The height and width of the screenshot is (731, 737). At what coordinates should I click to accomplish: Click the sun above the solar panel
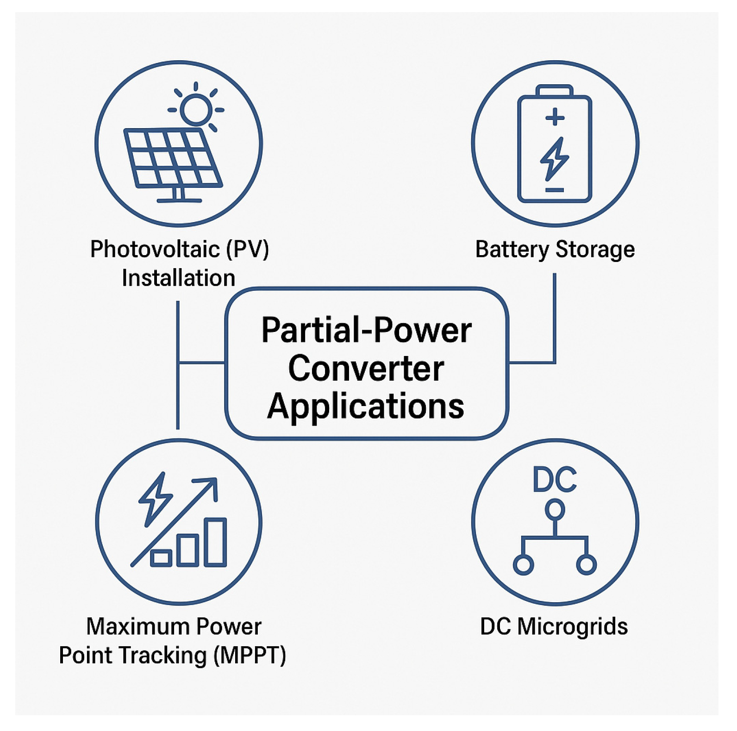[x=196, y=110]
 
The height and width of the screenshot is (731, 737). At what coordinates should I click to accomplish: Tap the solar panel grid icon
[x=173, y=158]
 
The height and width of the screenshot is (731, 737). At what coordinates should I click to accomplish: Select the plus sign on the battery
[x=555, y=117]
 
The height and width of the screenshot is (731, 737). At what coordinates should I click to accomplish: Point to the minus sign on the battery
[x=554, y=190]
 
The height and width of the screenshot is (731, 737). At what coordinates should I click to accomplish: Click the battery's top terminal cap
[x=554, y=90]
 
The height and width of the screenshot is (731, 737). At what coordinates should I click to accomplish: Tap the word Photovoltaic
[x=155, y=250]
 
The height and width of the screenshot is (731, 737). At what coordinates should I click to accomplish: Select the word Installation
[x=178, y=278]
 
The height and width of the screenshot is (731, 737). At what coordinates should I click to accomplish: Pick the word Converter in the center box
[x=366, y=369]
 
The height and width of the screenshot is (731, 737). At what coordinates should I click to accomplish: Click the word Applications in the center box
[x=366, y=406]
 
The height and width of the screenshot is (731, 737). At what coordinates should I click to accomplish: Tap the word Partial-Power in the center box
[x=366, y=331]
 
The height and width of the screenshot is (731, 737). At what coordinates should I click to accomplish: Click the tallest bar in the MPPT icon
[x=215, y=542]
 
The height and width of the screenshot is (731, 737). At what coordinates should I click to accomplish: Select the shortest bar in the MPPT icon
[x=161, y=558]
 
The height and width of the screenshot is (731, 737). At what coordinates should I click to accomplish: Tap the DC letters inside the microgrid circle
[x=555, y=480]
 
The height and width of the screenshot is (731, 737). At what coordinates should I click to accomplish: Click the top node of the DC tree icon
[x=555, y=510]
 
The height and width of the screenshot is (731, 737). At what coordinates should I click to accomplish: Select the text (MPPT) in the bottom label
[x=250, y=656]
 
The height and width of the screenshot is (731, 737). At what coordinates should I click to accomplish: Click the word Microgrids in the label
[x=572, y=627]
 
